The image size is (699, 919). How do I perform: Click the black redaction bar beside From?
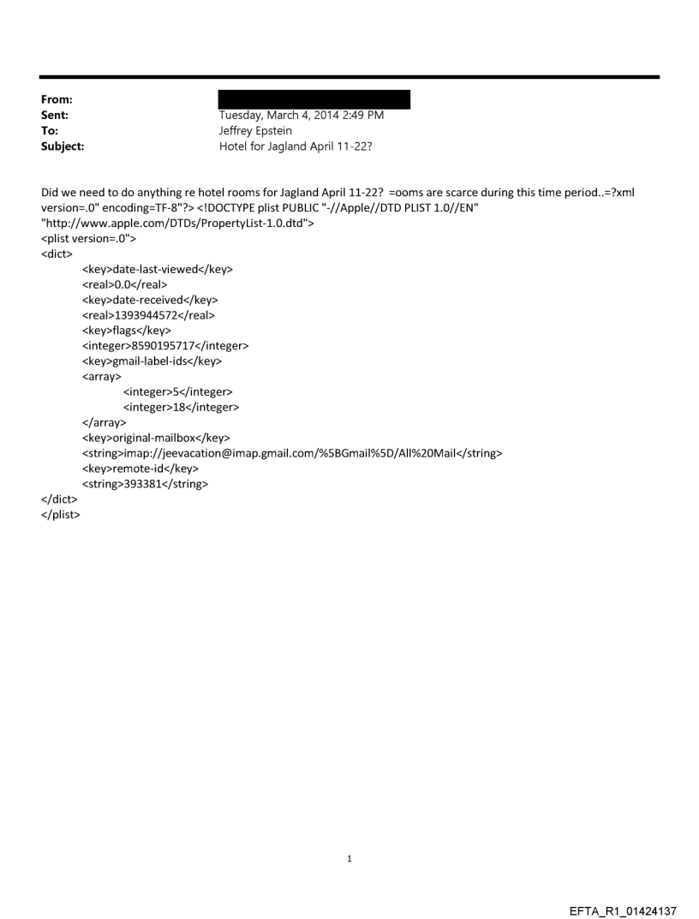click(x=314, y=99)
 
